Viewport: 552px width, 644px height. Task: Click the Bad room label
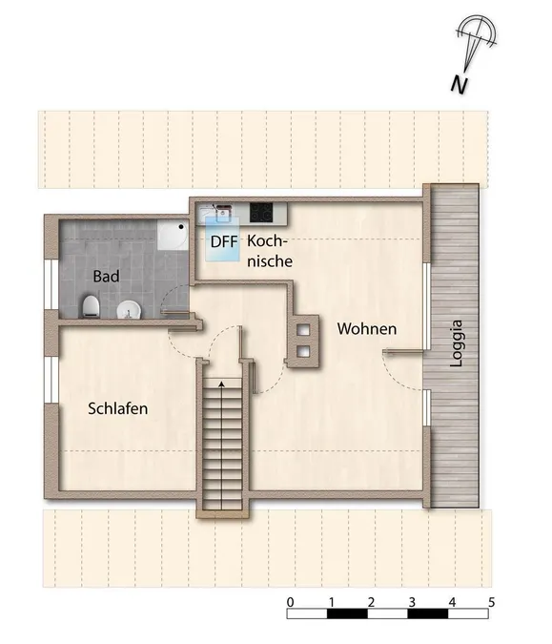coord(106,277)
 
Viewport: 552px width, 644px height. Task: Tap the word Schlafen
coord(118,408)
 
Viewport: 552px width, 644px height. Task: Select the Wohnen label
coord(367,329)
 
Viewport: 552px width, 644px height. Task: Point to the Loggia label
coord(456,343)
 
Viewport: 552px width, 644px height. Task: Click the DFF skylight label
coord(224,242)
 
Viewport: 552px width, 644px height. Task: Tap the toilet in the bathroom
coord(92,307)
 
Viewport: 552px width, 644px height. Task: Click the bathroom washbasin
coord(129,310)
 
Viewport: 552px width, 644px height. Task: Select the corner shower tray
coord(173,234)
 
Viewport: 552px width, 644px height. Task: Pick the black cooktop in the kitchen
coord(261,213)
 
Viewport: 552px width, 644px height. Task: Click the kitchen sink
coord(222,213)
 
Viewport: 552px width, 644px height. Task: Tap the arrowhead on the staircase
coord(221,384)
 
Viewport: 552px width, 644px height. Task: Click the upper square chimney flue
coord(304,330)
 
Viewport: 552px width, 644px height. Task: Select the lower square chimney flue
coord(304,351)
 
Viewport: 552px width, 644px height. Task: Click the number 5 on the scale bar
coord(491,602)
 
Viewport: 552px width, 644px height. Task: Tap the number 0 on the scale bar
coord(291,602)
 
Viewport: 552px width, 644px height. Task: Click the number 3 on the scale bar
coord(412,602)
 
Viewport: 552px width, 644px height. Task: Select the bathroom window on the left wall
coord(51,284)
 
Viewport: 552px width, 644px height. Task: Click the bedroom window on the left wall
coord(51,380)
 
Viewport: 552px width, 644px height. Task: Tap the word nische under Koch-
coord(270,261)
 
